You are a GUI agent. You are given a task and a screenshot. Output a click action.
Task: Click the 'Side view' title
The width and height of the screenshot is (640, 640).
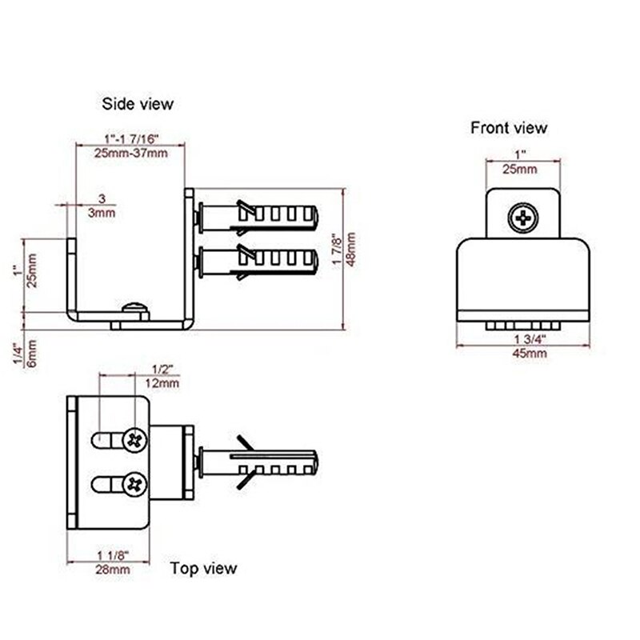tap(137, 103)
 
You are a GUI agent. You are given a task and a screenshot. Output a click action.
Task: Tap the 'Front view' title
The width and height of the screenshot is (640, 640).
tap(509, 127)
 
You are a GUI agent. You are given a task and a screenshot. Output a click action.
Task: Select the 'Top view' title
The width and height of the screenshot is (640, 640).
tap(203, 568)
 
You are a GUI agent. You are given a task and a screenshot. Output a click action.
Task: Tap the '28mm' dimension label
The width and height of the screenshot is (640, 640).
tap(113, 570)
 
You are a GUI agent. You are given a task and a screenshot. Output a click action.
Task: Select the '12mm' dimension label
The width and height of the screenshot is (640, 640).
tap(163, 383)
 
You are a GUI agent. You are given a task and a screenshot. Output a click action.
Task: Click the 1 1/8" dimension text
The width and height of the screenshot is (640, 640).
tap(113, 555)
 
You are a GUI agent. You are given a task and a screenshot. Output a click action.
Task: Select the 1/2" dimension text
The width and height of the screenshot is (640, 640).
tap(163, 369)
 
